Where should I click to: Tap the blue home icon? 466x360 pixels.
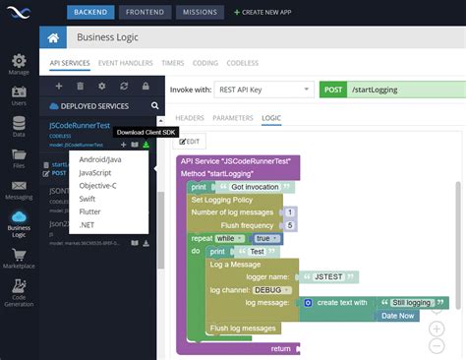[x=54, y=38]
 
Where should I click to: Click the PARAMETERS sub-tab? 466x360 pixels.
[x=233, y=118]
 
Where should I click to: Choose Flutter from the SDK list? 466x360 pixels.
[x=89, y=211]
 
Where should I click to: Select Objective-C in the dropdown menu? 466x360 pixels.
[x=97, y=184]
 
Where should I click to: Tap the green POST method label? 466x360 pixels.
[x=333, y=90]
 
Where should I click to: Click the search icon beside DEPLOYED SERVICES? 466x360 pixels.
[x=154, y=105]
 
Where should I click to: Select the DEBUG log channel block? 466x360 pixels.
[x=269, y=290]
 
